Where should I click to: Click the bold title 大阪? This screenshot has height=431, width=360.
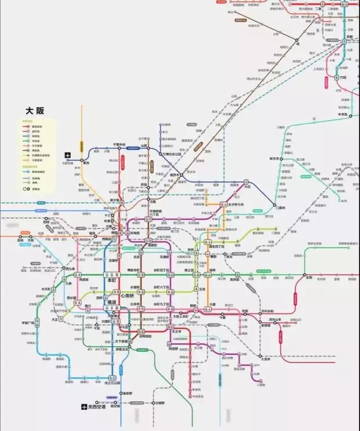coord(35,111)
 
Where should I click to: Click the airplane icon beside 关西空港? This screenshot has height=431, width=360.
coord(83,406)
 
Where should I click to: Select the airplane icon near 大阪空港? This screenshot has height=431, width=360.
coord(68,156)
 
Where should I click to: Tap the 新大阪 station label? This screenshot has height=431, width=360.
coord(114,200)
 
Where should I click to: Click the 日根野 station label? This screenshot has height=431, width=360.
coord(160,403)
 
